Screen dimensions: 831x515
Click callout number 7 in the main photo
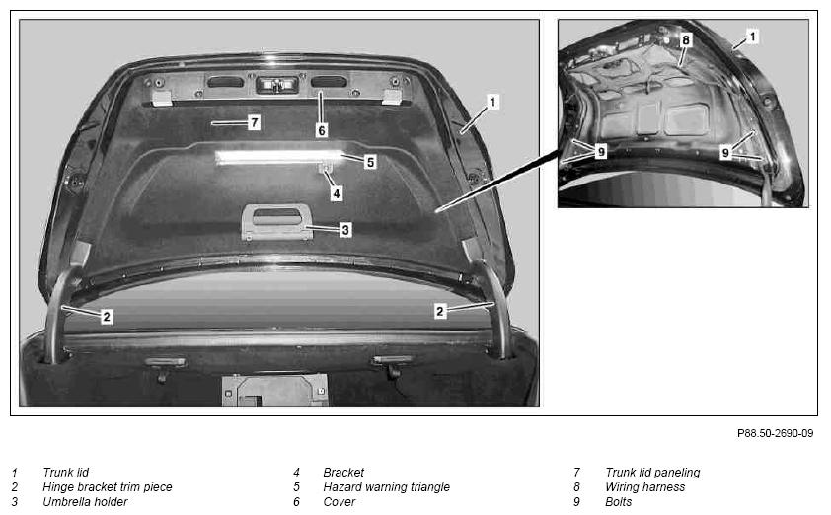pyautogui.click(x=255, y=123)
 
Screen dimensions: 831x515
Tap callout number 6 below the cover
pyautogui.click(x=322, y=130)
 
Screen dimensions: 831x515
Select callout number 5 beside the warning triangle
pyautogui.click(x=370, y=162)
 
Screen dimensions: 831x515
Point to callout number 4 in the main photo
pyautogui.click(x=336, y=193)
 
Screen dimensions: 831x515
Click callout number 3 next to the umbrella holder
pyautogui.click(x=345, y=230)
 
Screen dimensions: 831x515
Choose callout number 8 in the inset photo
pyautogui.click(x=686, y=40)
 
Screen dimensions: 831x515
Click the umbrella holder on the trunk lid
pyautogui.click(x=276, y=221)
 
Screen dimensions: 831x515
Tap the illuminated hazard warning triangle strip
pyautogui.click(x=279, y=157)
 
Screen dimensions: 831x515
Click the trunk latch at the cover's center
pyautogui.click(x=276, y=85)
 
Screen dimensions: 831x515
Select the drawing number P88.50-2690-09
pyautogui.click(x=775, y=433)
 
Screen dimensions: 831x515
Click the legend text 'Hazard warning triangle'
pyautogui.click(x=386, y=487)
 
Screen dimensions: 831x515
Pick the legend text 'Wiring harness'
pyautogui.click(x=645, y=487)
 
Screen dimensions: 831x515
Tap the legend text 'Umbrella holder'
pyautogui.click(x=85, y=502)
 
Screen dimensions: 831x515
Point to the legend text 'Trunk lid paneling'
pyautogui.click(x=652, y=472)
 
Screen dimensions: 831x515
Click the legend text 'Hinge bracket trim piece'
pyautogui.click(x=108, y=487)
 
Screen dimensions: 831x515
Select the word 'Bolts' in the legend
pyautogui.click(x=619, y=502)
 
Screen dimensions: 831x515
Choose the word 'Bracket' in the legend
pyautogui.click(x=343, y=472)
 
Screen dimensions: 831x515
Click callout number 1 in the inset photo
pyautogui.click(x=752, y=37)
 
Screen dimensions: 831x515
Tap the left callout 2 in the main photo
pyautogui.click(x=107, y=317)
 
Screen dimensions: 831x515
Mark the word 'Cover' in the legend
pyautogui.click(x=340, y=502)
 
